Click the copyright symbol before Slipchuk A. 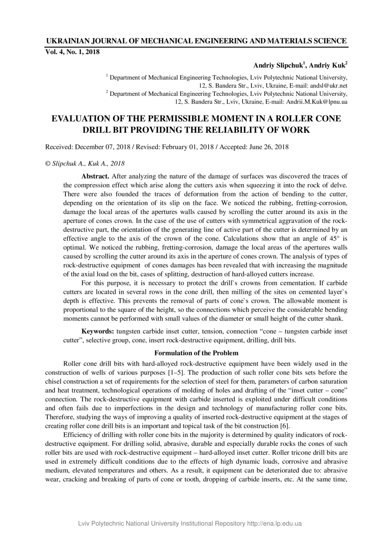[x=48, y=164]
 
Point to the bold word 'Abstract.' [x=95, y=176]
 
